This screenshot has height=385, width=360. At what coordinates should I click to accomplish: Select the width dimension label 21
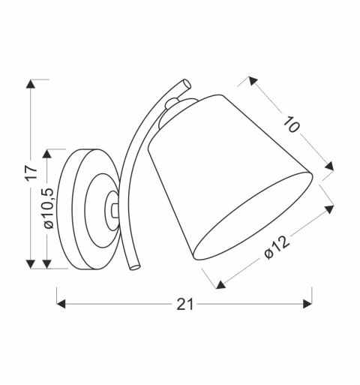click(x=185, y=304)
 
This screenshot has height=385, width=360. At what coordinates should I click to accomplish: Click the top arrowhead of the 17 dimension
click(x=31, y=83)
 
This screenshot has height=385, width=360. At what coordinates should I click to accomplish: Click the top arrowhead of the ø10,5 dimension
click(x=49, y=152)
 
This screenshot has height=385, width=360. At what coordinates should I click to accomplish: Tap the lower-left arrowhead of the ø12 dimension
click(x=219, y=284)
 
